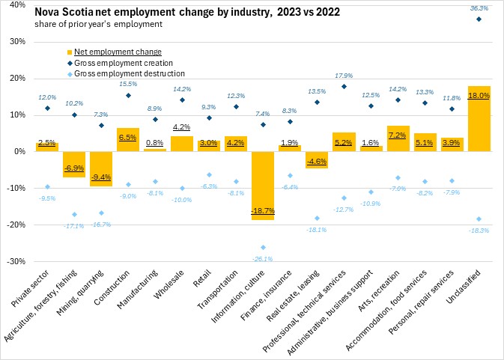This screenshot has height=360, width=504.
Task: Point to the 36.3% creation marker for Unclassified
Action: pyautogui.click(x=479, y=19)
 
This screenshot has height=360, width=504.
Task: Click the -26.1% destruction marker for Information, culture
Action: pyautogui.click(x=263, y=247)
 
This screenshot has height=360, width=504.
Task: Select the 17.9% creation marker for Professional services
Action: pyautogui.click(x=344, y=86)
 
